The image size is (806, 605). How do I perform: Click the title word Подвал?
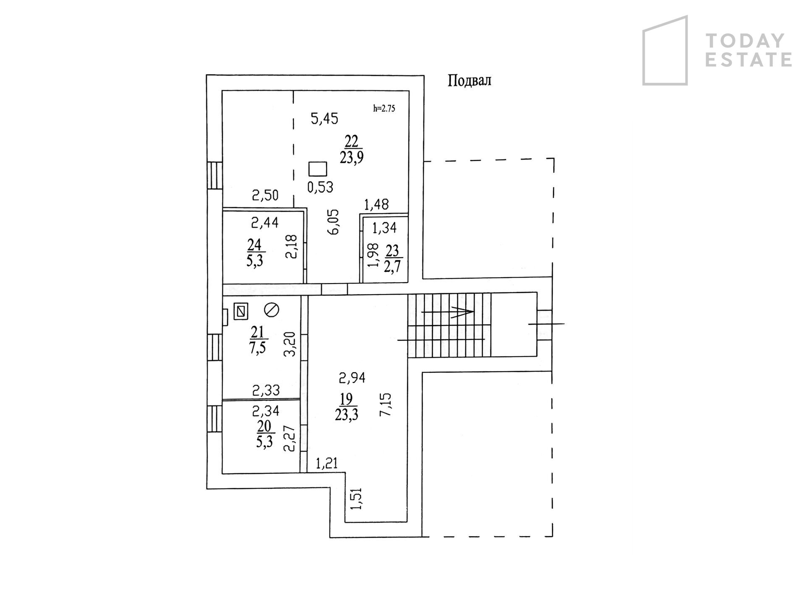click(469, 80)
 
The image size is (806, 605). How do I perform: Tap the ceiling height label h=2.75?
click(384, 108)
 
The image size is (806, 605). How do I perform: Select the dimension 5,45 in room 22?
click(324, 119)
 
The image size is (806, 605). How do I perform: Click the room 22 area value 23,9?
click(351, 158)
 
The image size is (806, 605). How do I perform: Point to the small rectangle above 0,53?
click(318, 169)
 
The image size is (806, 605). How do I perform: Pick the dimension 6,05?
click(335, 221)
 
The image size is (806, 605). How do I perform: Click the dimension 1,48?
click(376, 205)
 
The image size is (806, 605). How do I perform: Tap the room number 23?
click(393, 251)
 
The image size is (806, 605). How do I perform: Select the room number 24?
click(254, 244)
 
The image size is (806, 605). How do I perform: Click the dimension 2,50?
click(265, 195)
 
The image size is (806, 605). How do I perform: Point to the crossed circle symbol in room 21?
click(272, 310)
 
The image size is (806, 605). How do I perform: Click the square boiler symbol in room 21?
click(241, 311)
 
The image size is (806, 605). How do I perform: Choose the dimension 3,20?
click(290, 344)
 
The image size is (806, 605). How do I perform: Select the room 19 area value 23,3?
click(346, 415)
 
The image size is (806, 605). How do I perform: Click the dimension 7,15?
click(385, 404)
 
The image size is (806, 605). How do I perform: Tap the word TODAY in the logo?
click(745, 41)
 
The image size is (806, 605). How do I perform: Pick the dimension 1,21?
click(327, 464)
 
